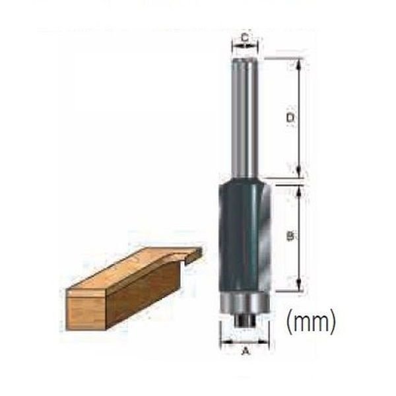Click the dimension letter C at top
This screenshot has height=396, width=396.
(x=245, y=38)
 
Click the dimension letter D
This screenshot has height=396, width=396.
(x=288, y=117)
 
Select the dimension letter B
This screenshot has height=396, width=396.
(x=288, y=236)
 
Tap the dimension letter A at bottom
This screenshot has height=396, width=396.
(x=247, y=351)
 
